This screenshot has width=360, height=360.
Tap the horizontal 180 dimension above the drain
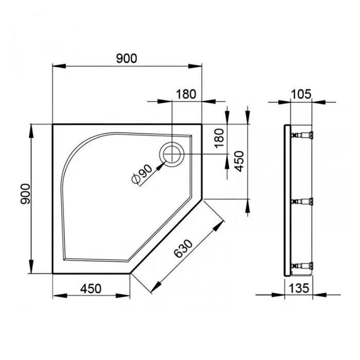[186, 94]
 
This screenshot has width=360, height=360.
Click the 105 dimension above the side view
[301, 94]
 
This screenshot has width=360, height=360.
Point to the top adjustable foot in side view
[303, 136]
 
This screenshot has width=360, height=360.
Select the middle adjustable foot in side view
[303, 201]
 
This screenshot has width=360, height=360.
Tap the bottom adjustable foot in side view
[303, 265]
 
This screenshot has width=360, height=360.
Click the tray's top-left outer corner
[53, 124]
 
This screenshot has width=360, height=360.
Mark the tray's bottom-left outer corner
[53, 274]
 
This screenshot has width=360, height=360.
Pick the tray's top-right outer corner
[202, 124]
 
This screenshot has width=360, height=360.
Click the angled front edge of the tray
[166, 237]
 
